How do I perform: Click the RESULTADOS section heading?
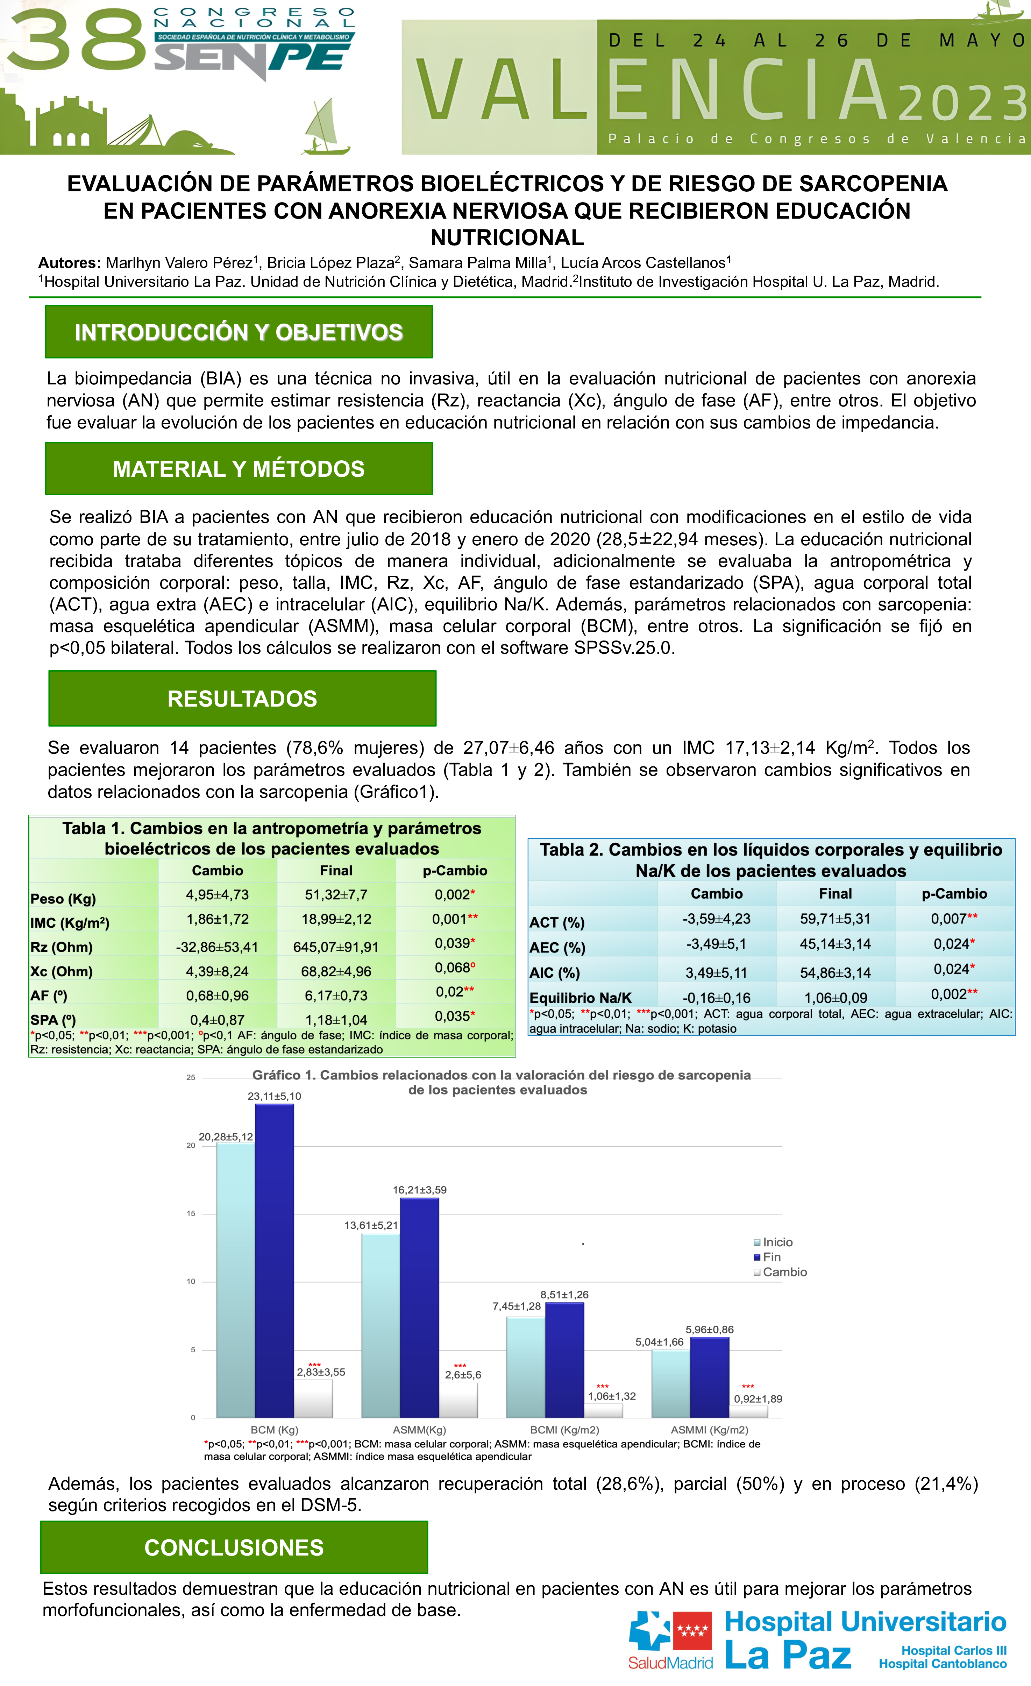tap(242, 699)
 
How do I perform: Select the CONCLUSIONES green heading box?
tap(234, 1547)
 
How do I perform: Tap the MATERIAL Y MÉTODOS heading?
tap(239, 469)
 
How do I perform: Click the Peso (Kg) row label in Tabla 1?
tap(63, 898)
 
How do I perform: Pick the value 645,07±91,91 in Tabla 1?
tap(336, 947)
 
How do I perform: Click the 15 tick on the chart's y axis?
tap(191, 1213)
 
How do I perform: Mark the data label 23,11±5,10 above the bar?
tap(274, 1096)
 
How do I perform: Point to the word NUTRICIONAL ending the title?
tap(507, 238)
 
